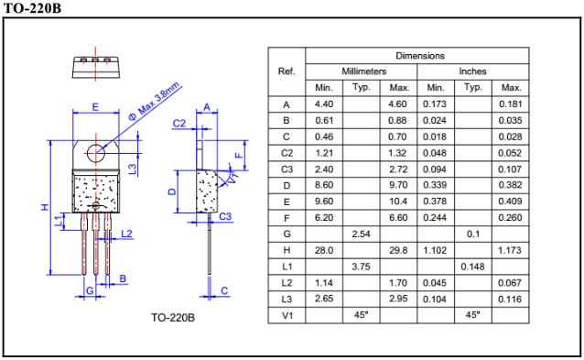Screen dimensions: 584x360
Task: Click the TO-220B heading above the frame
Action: coord(32,8)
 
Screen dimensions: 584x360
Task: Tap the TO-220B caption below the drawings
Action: coord(173,318)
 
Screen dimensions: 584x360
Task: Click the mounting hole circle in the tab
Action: coord(96,153)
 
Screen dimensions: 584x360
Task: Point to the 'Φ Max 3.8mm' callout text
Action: coord(155,102)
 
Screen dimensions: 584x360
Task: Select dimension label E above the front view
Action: coord(95,107)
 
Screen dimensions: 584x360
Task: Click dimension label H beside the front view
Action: coord(45,207)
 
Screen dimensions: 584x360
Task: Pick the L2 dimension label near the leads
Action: coord(126,234)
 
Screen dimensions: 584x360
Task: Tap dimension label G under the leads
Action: coord(90,290)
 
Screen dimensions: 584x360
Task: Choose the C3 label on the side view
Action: coord(225,216)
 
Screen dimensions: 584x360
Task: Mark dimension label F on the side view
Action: coord(239,155)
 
